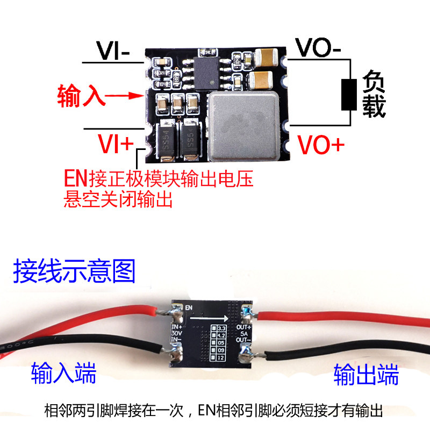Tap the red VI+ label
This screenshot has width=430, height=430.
114,144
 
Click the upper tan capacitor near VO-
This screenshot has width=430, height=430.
268,58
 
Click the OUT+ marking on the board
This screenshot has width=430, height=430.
245,327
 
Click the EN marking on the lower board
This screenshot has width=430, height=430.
188,307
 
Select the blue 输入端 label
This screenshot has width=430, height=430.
63,371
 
